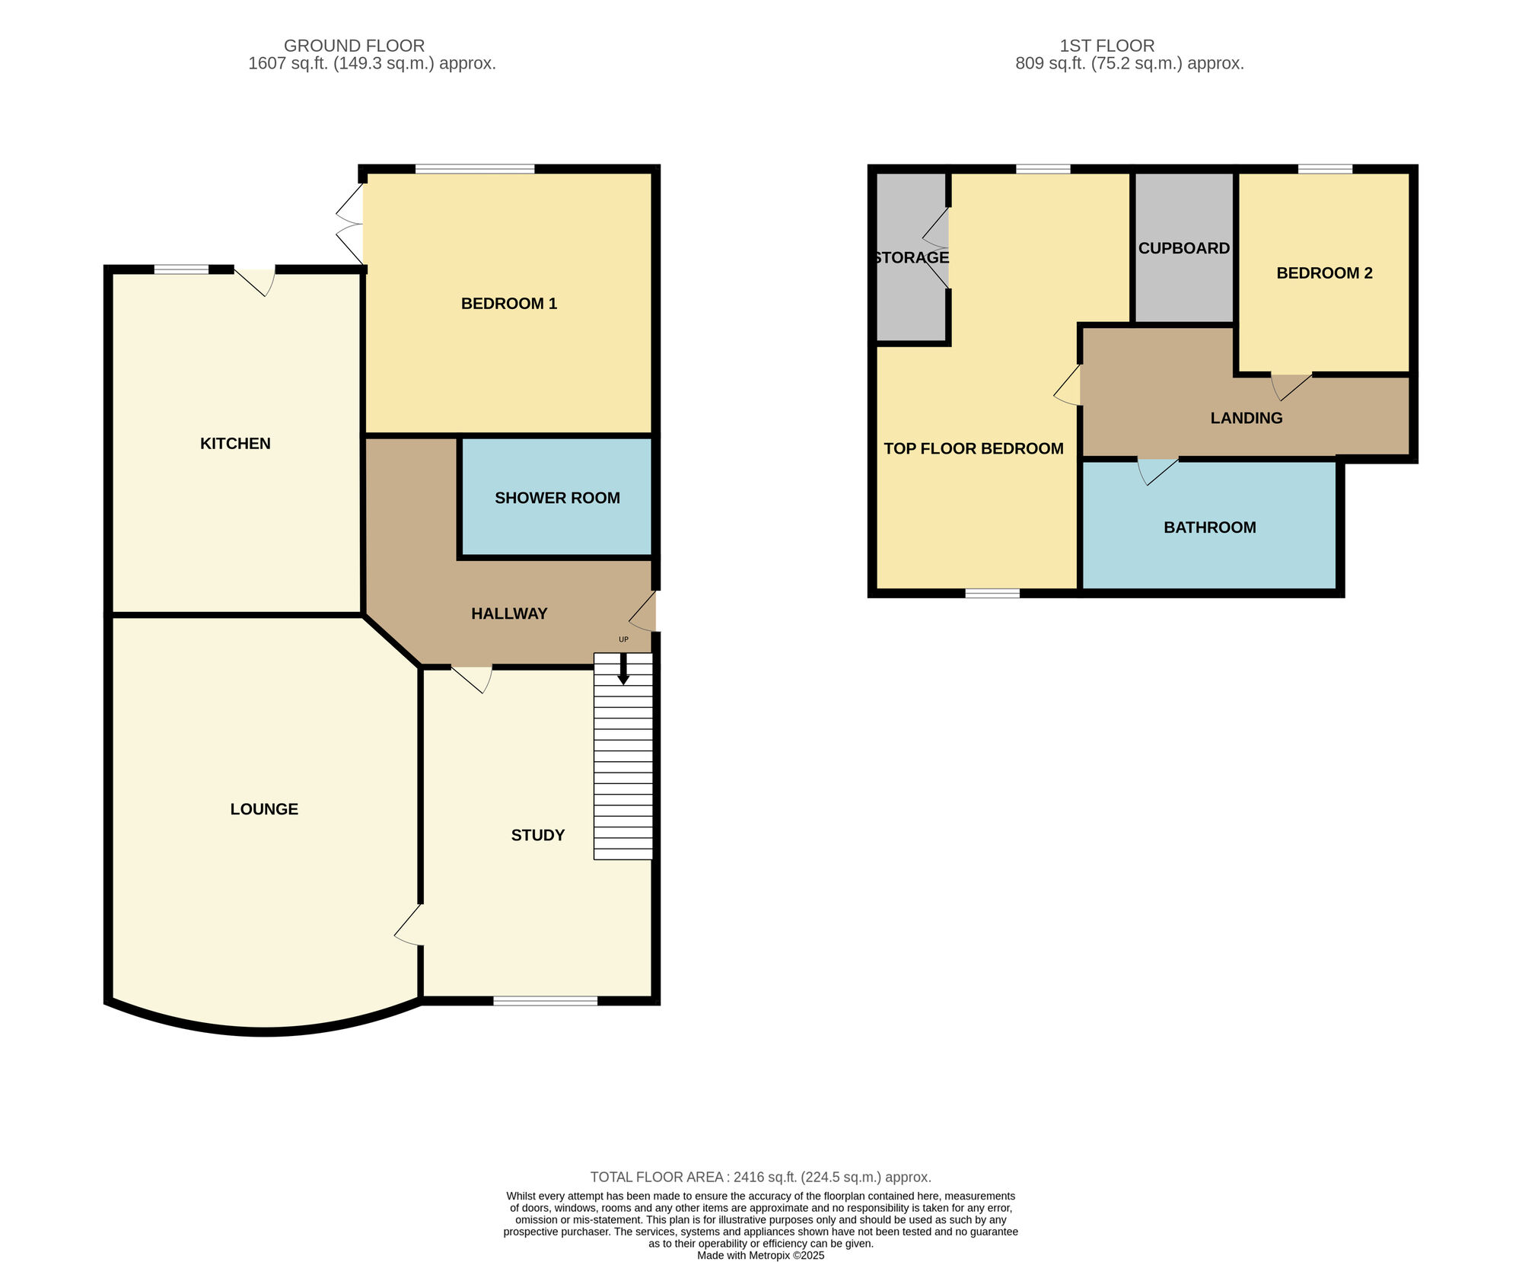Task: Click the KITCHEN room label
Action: click(x=235, y=444)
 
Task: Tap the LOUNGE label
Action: click(x=264, y=809)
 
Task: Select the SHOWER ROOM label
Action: click(x=557, y=498)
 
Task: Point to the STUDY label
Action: click(x=538, y=835)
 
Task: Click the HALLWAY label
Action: click(x=509, y=613)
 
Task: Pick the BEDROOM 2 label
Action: click(x=1324, y=273)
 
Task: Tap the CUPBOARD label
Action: click(x=1184, y=248)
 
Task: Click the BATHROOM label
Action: click(x=1210, y=527)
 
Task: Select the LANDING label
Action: click(x=1247, y=418)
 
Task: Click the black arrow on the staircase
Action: click(x=623, y=669)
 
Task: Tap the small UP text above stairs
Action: click(x=623, y=639)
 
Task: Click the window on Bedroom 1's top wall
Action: click(x=475, y=169)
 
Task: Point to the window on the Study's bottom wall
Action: click(x=545, y=1001)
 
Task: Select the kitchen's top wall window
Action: click(x=181, y=269)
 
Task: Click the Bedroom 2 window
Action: click(x=1325, y=169)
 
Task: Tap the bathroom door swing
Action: click(x=1157, y=471)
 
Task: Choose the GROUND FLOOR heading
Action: click(x=355, y=46)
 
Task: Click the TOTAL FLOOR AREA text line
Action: click(x=761, y=1177)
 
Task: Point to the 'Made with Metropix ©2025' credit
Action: click(x=761, y=1255)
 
